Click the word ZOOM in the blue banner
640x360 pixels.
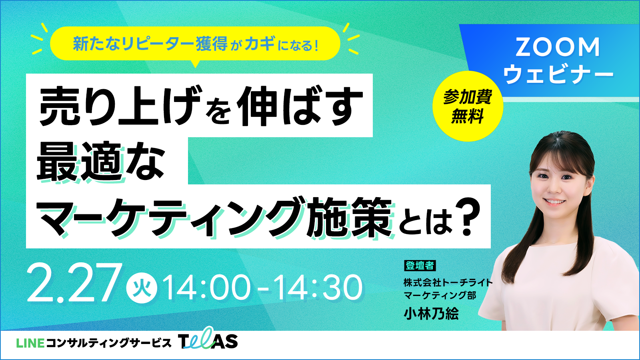point(558,48)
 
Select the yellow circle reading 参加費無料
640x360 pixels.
point(468,106)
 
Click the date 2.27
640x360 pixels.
point(72,283)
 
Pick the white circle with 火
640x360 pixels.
point(142,288)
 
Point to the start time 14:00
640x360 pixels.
point(207,287)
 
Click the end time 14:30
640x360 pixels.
point(318,287)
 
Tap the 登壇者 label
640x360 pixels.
point(420,266)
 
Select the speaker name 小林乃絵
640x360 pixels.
point(431,314)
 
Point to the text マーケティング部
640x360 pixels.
point(440,295)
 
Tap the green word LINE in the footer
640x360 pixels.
point(30,343)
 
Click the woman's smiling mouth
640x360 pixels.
point(554,202)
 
